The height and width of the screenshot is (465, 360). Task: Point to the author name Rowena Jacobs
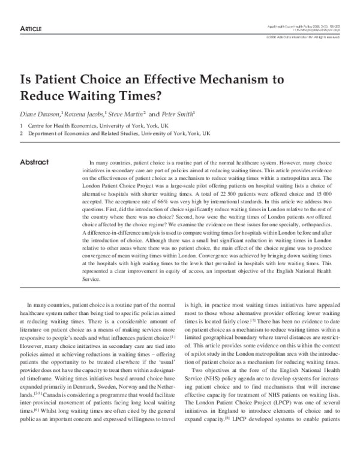87,113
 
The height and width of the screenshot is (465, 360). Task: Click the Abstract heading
34,162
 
